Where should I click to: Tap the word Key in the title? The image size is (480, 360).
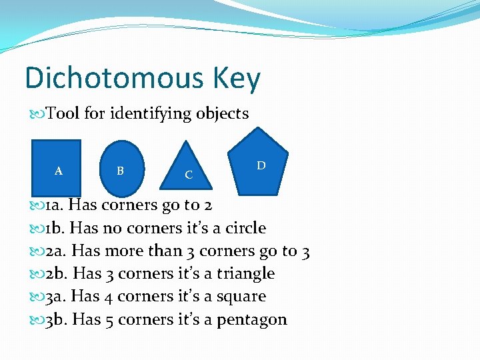tap(237, 79)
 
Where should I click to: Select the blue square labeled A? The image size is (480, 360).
tap(56, 167)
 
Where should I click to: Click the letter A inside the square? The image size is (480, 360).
tap(59, 171)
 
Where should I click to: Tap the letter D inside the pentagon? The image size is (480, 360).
tap(261, 165)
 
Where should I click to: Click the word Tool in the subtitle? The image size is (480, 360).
tap(63, 113)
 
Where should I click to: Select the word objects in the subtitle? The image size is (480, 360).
tap(222, 114)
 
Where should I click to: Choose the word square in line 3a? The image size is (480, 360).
tap(241, 297)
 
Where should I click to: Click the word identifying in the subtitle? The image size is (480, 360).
tap(151, 114)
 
